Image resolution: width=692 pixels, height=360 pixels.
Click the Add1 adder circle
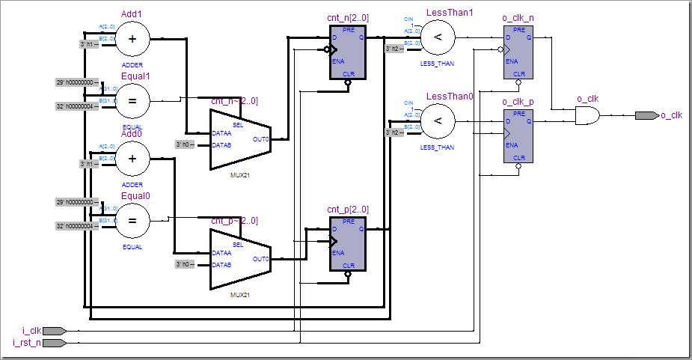tap(132, 40)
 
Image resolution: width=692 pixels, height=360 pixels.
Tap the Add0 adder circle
tap(132, 159)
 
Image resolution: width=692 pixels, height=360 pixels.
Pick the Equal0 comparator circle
tap(132, 220)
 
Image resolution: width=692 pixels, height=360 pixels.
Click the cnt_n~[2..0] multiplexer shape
tap(239, 134)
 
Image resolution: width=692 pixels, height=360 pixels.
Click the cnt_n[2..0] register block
tap(348, 52)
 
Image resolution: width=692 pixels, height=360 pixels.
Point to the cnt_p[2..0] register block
tap(348, 243)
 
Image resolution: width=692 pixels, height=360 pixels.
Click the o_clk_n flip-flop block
tap(518, 51)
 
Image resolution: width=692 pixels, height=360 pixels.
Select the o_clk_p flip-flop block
tap(518, 135)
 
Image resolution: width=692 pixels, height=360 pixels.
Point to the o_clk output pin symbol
tap(646, 115)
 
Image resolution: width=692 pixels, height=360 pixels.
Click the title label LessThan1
tap(450, 13)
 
